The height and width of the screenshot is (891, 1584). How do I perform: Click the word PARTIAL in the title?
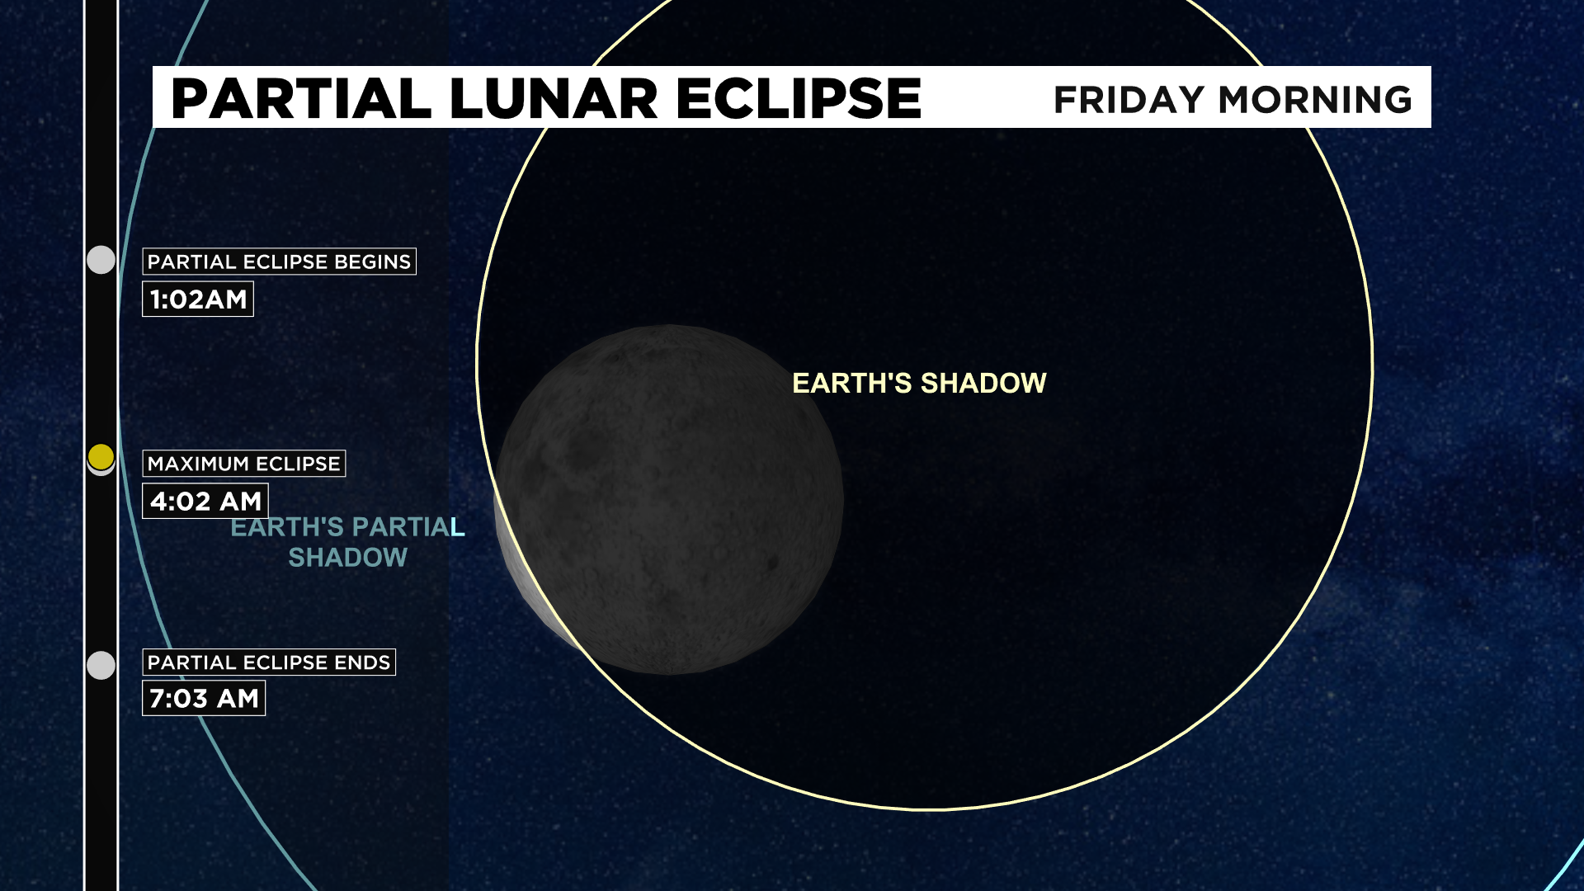[x=301, y=99]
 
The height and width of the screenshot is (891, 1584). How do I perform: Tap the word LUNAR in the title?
[x=554, y=99]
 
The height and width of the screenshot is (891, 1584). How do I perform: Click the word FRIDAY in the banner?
[x=1129, y=100]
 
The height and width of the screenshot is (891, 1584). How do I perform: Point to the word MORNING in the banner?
[x=1315, y=100]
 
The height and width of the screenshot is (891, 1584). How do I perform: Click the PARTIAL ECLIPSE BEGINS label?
[x=279, y=262]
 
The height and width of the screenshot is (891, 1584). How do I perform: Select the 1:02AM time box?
[x=198, y=299]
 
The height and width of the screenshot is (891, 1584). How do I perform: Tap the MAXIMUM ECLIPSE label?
[x=244, y=464]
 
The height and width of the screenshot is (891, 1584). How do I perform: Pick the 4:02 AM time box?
[x=205, y=501]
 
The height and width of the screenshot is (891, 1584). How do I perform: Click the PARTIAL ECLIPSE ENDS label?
[x=269, y=662]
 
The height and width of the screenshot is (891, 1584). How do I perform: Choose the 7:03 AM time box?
[x=204, y=698]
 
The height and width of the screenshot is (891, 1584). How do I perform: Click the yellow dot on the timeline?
[x=101, y=456]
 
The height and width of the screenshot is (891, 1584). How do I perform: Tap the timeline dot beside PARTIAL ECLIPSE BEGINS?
[x=101, y=260]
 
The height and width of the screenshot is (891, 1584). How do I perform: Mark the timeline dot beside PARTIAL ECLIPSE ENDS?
[x=101, y=665]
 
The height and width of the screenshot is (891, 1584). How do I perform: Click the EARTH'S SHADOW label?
[x=919, y=383]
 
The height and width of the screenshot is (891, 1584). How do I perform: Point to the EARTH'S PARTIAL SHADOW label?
[x=347, y=542]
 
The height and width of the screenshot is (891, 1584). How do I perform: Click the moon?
[x=669, y=500]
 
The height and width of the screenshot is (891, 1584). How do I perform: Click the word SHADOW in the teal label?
[x=347, y=558]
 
